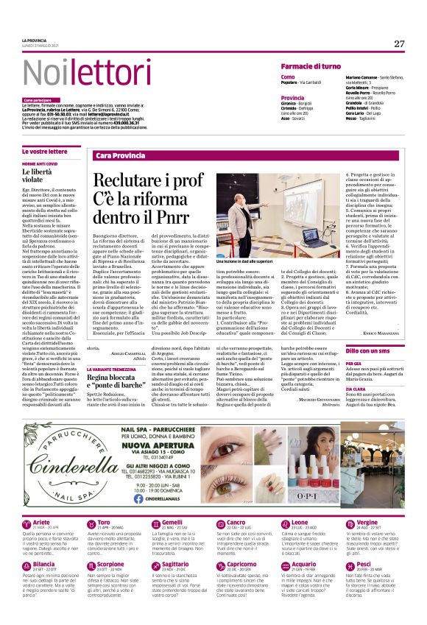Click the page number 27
pyautogui.click(x=398, y=43)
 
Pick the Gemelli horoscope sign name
pyautogui.click(x=172, y=522)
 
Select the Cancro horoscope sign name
pyautogui.click(x=236, y=522)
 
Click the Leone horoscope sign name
pyautogui.click(x=300, y=522)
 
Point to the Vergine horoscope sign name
pyautogui.click(x=367, y=522)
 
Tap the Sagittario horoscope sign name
pyautogui.click(x=174, y=563)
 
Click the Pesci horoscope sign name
pyautogui.click(x=364, y=563)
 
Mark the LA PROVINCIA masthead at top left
pyautogui.click(x=34, y=40)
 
